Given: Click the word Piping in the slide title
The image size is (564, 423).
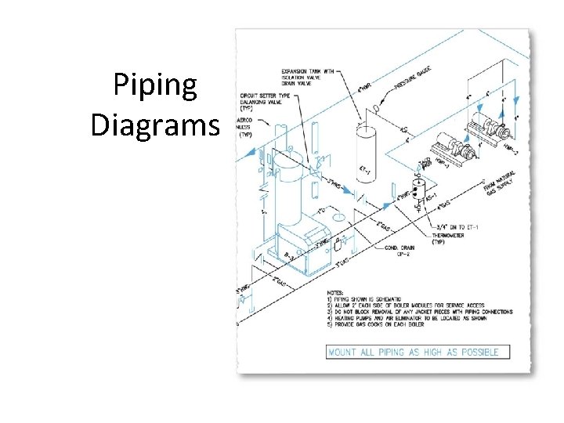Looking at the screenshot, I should pos(155,85).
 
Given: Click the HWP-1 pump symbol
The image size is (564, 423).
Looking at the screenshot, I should pos(447,146).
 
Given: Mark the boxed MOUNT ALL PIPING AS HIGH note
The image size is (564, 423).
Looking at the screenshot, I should pos(413,352).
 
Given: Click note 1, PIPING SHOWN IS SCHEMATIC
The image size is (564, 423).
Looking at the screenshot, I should pos(377,299).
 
